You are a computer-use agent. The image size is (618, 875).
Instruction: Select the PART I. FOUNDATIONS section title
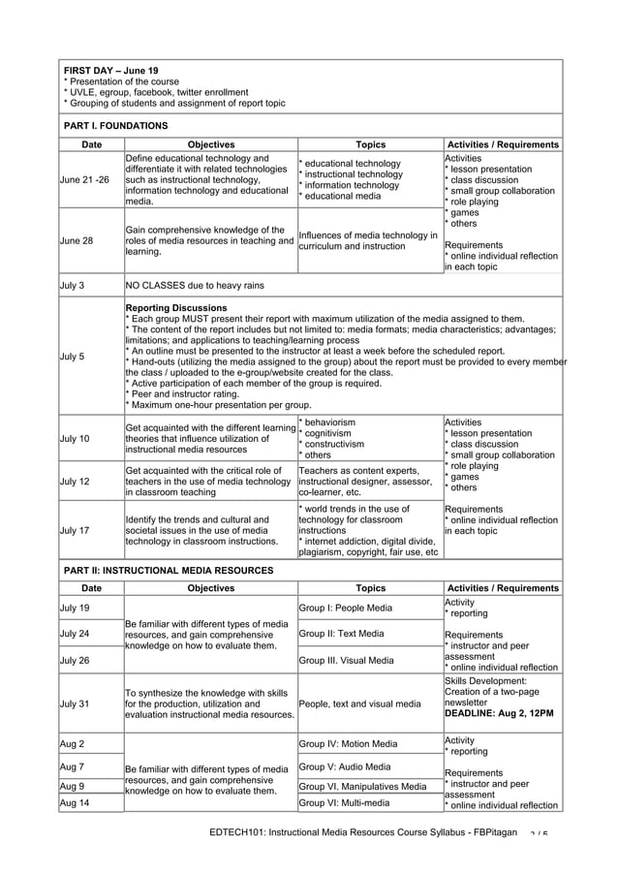[115, 126]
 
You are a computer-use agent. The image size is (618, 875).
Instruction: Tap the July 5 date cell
[74, 356]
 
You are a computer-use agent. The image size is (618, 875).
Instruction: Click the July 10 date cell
[77, 439]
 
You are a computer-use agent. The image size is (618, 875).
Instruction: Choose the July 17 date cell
[77, 530]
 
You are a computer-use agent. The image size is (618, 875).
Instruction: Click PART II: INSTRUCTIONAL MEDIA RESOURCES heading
[168, 572]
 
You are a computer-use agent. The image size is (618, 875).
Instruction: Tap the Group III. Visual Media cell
[347, 660]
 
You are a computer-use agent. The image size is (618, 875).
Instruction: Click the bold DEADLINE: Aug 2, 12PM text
[499, 713]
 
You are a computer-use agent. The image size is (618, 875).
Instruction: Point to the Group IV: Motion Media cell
[349, 744]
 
